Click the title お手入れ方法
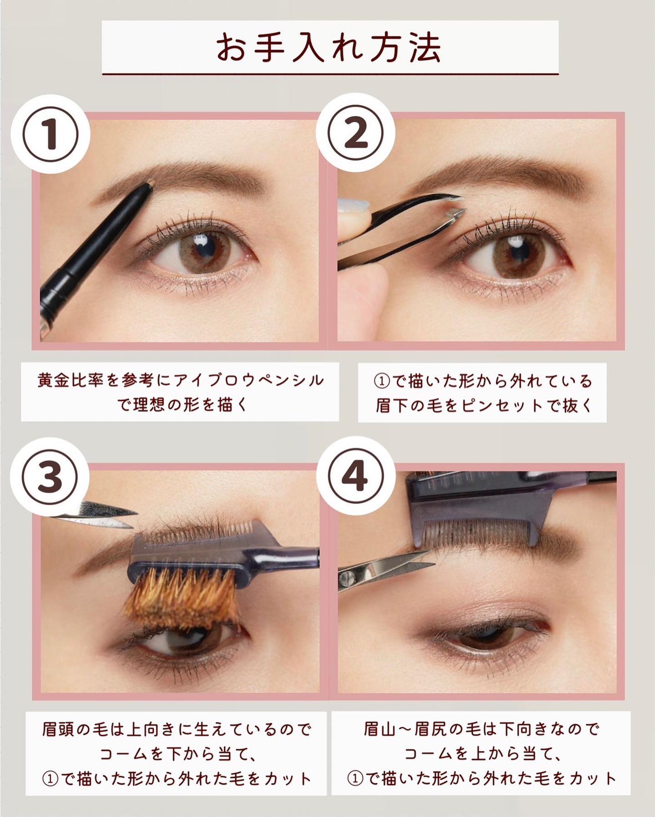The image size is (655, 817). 328,47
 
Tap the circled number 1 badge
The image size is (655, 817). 51,133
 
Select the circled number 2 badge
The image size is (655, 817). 356,133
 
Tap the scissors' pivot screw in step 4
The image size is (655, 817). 348,577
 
